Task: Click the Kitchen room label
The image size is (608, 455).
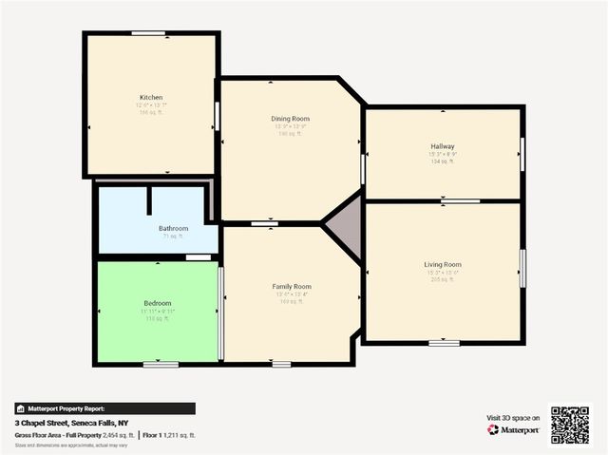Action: [151, 98]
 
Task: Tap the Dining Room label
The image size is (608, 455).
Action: [291, 119]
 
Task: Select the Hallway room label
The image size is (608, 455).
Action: [443, 146]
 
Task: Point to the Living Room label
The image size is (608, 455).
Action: [443, 264]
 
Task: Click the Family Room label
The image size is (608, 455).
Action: [291, 286]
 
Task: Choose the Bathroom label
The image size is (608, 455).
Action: [173, 228]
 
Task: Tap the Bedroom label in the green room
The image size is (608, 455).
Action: [157, 302]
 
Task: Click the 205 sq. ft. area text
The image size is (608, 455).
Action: [443, 279]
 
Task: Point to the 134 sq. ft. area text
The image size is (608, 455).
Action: [443, 161]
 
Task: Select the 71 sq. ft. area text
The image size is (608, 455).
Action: [173, 237]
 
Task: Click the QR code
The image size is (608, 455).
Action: [570, 425]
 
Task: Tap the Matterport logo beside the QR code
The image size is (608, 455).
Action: [513, 429]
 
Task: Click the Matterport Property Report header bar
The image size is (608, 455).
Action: [104, 408]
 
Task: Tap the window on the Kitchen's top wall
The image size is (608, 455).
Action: [149, 33]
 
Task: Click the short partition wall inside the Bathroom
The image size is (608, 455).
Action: [149, 202]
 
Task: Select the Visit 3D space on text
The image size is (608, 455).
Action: [513, 417]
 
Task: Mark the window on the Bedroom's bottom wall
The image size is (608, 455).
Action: [161, 364]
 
